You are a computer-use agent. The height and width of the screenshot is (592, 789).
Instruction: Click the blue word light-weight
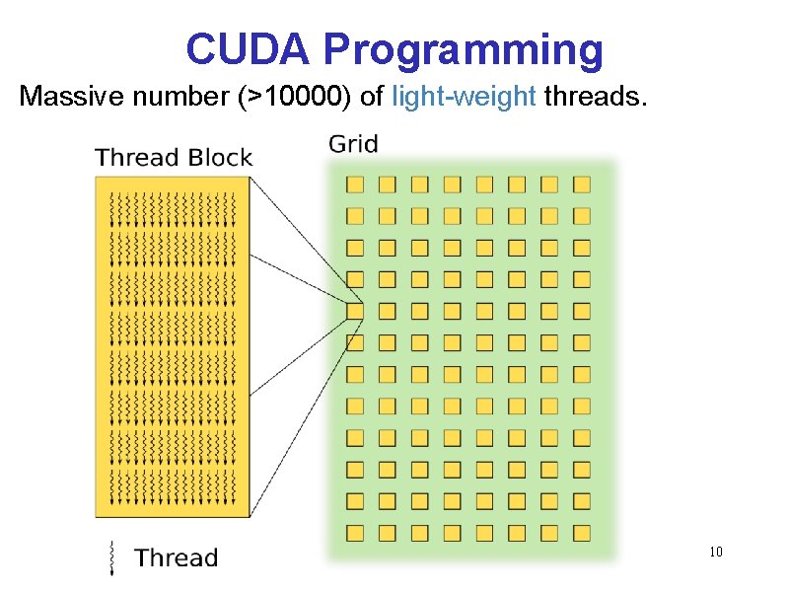pos(464,97)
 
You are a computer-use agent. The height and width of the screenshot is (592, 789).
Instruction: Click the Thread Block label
pos(174,158)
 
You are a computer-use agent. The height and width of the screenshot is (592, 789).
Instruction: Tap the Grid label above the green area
pos(353,145)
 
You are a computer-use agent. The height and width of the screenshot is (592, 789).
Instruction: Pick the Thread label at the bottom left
pos(176,557)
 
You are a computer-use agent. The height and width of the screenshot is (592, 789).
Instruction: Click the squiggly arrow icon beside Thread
pos(111,557)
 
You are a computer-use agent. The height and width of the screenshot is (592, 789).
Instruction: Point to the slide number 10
pos(716,552)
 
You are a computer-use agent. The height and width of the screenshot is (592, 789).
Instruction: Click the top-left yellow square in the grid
pos(355,184)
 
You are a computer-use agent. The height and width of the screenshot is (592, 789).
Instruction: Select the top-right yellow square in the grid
pos(582,184)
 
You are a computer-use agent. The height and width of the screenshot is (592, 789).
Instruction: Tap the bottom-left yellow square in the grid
pos(355,533)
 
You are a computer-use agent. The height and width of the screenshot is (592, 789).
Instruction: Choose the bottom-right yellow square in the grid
pos(582,533)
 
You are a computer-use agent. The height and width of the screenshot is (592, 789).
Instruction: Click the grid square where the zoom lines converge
pos(355,311)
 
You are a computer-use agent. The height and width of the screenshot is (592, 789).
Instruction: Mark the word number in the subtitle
pos(149,97)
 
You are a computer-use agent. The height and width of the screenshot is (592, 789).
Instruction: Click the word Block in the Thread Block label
pos(219,158)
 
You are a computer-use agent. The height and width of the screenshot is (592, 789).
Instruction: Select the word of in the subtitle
pos(373,97)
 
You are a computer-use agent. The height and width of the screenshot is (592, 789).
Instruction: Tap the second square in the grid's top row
pos(388,184)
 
